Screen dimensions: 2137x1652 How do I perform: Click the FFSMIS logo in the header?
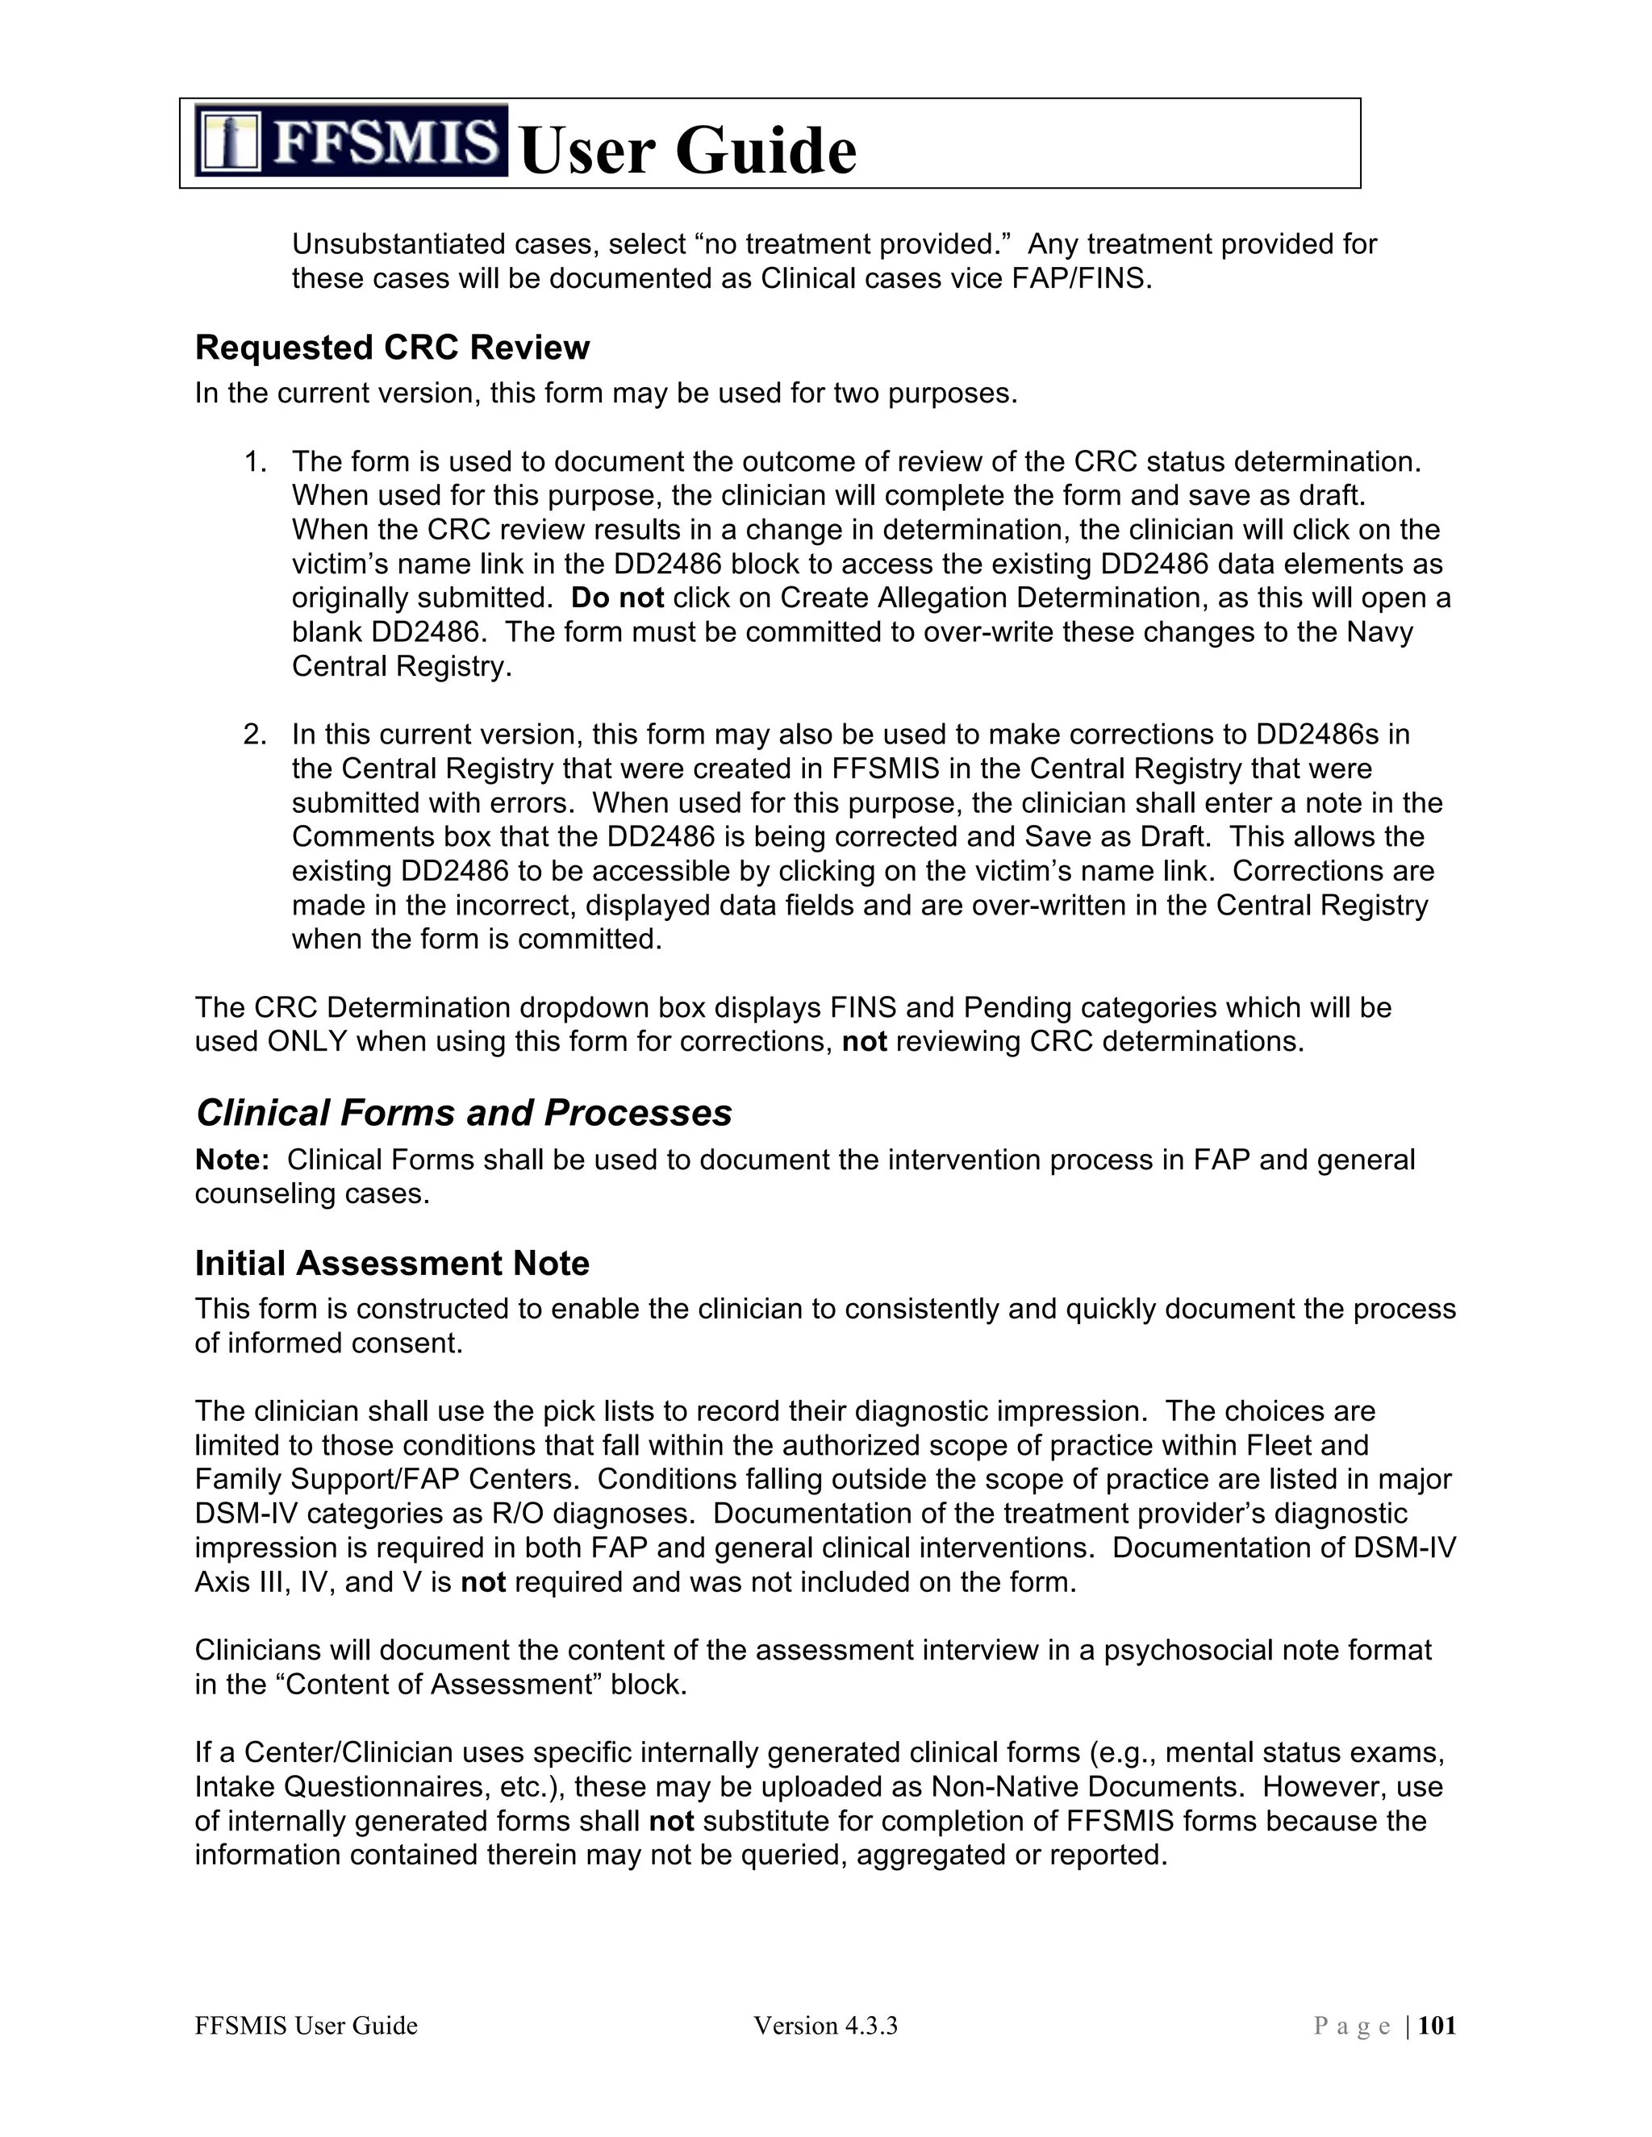350,141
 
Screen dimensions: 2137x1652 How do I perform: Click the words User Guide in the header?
688,151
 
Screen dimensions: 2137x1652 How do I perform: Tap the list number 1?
254,462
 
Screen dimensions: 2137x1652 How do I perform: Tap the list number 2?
254,735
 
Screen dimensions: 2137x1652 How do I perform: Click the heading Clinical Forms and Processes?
463,1114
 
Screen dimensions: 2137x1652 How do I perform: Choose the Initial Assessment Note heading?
391,1263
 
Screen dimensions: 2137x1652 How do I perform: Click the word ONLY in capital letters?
307,1042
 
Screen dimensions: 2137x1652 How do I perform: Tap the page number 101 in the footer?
1436,2026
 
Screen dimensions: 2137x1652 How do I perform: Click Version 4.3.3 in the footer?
825,2026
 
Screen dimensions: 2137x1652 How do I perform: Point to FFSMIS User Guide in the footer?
306,2026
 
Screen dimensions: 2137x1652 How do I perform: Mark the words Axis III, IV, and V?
322,1582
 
